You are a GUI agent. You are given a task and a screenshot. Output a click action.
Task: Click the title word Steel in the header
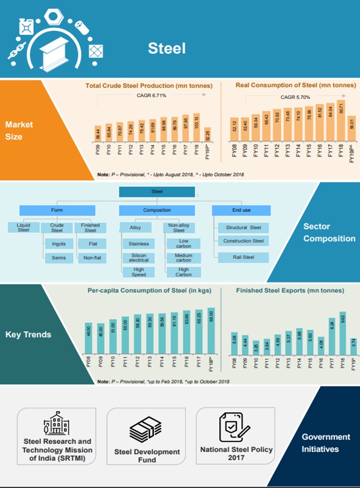[x=167, y=49]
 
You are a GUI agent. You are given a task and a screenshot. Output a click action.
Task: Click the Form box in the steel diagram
[x=57, y=210]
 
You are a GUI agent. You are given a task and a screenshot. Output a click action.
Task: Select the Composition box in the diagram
[x=157, y=210]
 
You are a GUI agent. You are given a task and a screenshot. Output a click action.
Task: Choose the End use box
[x=241, y=210]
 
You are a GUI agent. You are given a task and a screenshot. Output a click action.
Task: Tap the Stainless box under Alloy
[x=139, y=244]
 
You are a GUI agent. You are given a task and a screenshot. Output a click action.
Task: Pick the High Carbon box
[x=183, y=271]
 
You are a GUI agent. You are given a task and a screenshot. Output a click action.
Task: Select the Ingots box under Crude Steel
[x=59, y=244]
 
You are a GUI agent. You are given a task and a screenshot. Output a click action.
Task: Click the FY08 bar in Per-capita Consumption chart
[x=88, y=342]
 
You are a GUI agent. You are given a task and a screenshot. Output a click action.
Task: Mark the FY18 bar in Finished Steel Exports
[x=343, y=334]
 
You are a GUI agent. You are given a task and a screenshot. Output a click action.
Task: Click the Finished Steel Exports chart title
[x=290, y=291]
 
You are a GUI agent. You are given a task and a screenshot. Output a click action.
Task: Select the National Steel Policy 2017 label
[x=236, y=454]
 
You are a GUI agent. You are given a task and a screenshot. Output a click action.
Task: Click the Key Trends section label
[x=28, y=334]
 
